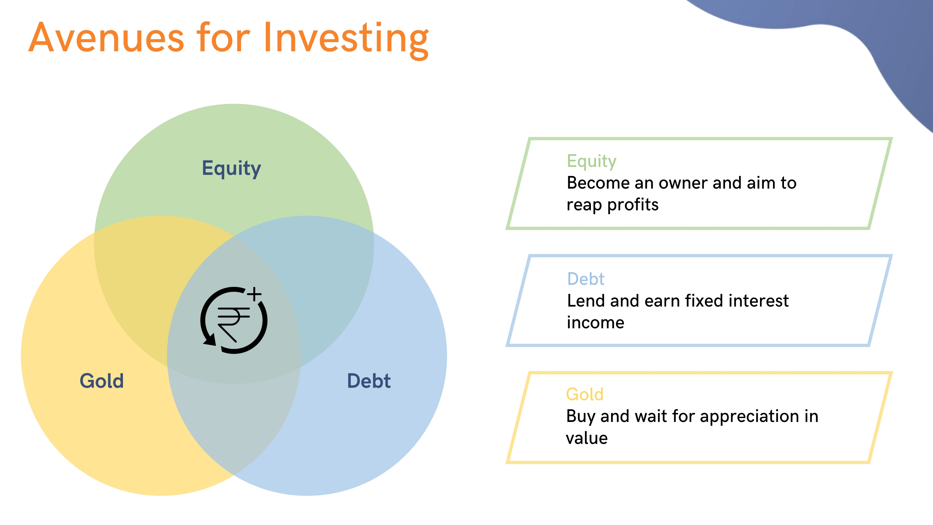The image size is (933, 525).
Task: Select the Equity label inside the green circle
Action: click(x=231, y=169)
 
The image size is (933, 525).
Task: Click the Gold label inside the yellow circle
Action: click(x=102, y=381)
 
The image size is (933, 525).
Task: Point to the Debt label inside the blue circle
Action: click(x=369, y=381)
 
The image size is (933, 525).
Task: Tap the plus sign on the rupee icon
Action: click(x=255, y=294)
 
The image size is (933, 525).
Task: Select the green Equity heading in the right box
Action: click(x=592, y=162)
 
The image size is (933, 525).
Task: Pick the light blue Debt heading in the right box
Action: click(x=586, y=279)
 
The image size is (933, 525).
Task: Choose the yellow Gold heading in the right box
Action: click(x=584, y=394)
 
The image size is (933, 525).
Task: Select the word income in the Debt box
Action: click(x=595, y=322)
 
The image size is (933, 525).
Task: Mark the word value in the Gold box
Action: click(x=587, y=438)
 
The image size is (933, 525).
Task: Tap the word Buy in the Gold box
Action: click(x=581, y=417)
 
